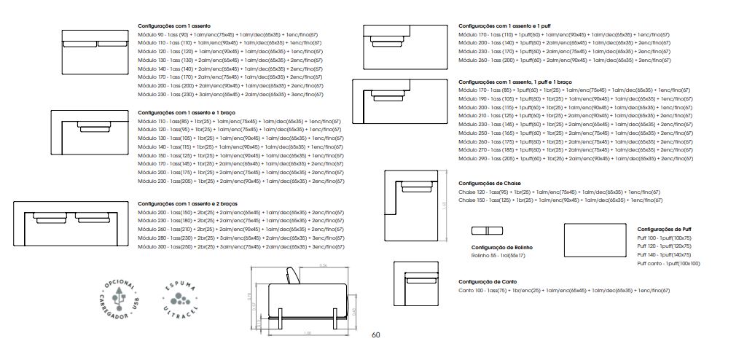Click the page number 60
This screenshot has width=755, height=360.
point(375,335)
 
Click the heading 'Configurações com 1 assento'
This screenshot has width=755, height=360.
point(173,26)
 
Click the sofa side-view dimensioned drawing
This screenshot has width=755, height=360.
point(305,299)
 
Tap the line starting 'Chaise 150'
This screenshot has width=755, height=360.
point(560,200)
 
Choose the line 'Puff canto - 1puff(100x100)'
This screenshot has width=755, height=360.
point(668,263)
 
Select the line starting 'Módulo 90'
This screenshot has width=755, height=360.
point(228,34)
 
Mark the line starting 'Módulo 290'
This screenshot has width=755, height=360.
point(575,158)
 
